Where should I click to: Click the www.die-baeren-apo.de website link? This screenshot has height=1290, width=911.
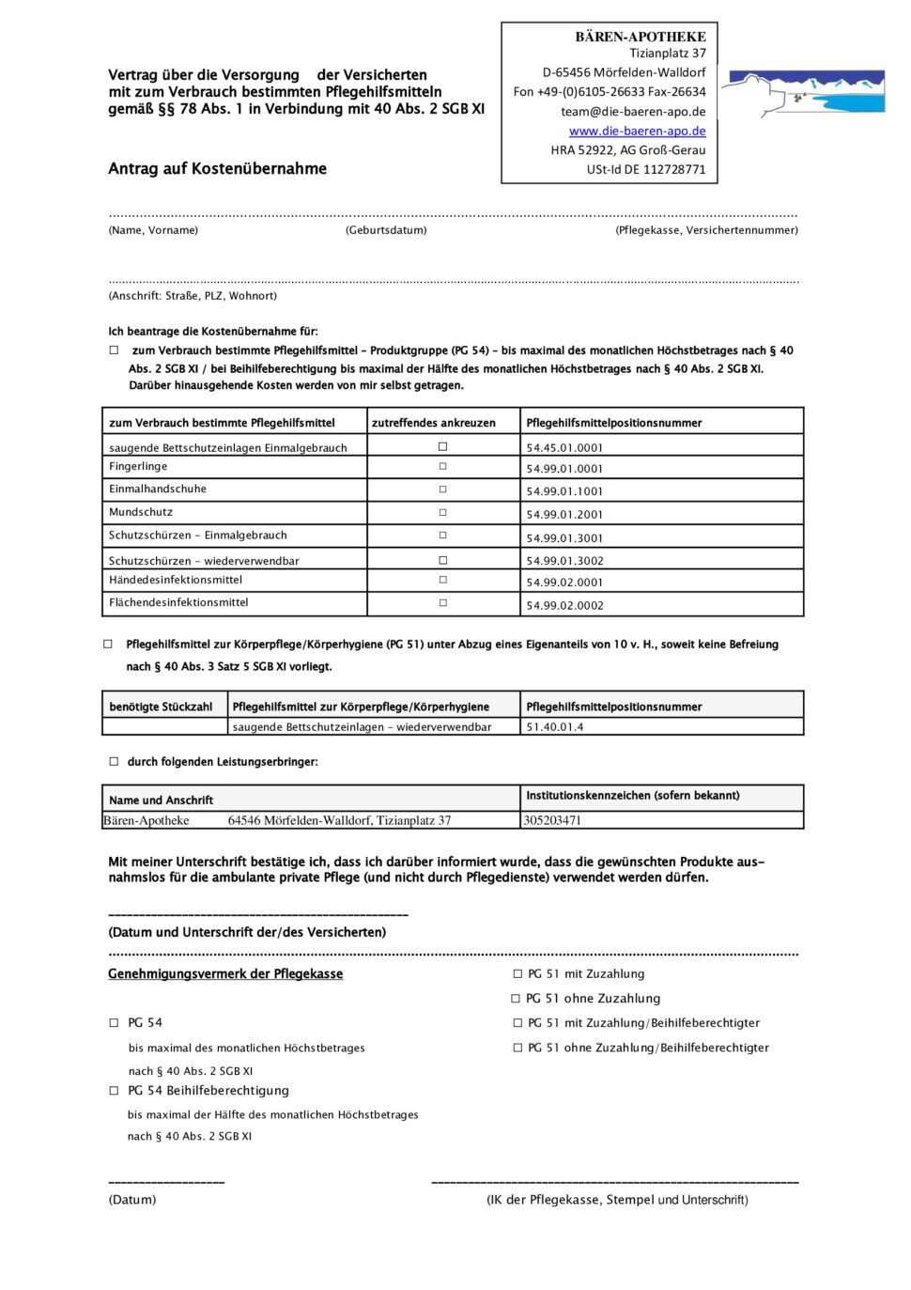[637, 132]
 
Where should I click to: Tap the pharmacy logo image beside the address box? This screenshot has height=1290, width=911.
[807, 92]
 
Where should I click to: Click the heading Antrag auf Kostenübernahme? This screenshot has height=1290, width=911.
[217, 169]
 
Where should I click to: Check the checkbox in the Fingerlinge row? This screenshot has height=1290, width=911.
[443, 467]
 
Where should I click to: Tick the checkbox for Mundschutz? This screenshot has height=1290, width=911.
[443, 513]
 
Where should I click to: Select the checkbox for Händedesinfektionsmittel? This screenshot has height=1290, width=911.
[443, 581]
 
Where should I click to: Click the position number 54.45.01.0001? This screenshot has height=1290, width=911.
[564, 448]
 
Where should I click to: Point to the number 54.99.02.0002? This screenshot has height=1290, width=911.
[564, 606]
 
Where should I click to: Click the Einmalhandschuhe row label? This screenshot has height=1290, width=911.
[158, 490]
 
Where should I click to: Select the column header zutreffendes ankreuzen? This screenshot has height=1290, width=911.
[433, 423]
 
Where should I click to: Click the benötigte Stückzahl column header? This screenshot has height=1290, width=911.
[161, 707]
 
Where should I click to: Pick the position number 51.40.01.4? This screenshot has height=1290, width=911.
[554, 727]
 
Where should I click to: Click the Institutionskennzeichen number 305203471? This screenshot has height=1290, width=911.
[552, 821]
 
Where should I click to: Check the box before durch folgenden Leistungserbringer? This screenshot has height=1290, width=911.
[115, 762]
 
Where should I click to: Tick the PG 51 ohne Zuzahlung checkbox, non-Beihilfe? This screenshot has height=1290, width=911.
[516, 999]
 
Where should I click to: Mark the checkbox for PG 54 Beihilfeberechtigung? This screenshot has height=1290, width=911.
[115, 1091]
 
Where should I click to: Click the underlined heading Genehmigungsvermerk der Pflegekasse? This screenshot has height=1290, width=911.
[225, 974]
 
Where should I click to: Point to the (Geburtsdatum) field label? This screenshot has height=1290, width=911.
[386, 230]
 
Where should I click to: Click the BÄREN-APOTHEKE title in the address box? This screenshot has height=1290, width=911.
[641, 37]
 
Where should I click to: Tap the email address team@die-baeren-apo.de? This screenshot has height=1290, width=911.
[633, 112]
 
